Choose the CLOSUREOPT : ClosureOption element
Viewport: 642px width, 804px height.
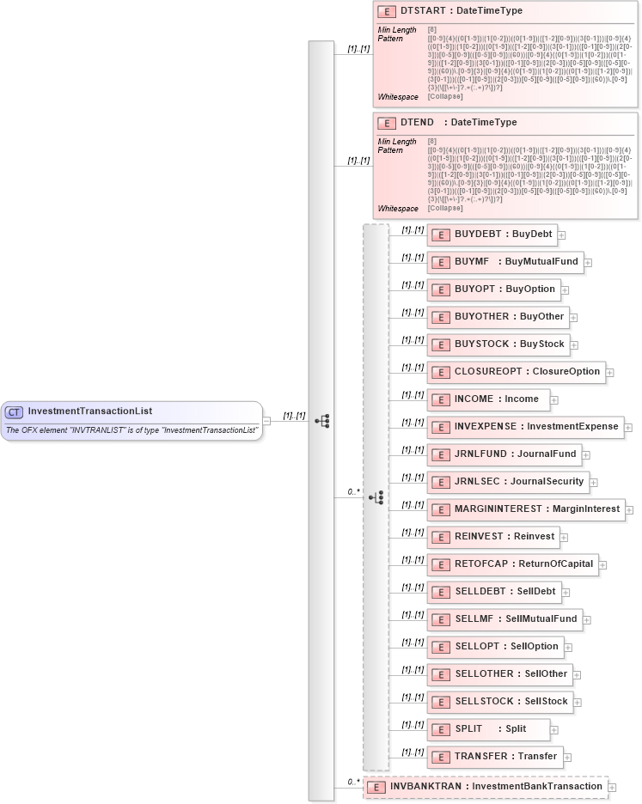[x=516, y=371]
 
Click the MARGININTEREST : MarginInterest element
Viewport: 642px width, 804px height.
[x=526, y=509]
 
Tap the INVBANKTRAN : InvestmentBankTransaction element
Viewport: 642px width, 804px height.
[x=485, y=786]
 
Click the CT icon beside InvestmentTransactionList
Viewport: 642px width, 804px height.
[x=15, y=411]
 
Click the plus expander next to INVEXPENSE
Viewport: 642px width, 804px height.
[x=628, y=427]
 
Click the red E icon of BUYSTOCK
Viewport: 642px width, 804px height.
[x=441, y=344]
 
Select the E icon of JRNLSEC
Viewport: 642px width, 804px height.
[x=441, y=482]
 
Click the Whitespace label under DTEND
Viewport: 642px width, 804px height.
[x=397, y=209]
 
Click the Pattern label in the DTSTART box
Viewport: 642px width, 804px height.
[x=389, y=39]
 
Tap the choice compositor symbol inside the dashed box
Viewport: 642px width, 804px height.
[x=376, y=497]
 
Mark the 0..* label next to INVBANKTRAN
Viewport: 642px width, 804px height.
[x=352, y=782]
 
